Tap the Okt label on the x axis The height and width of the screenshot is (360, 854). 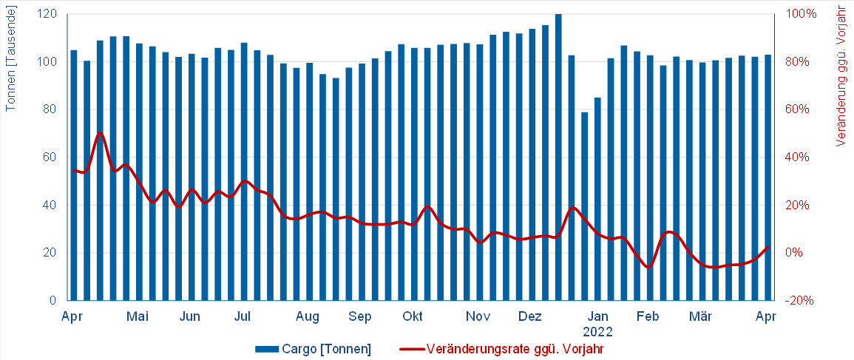[413, 317]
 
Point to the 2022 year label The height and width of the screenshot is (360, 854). [598, 332]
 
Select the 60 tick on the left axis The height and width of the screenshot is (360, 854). [51, 157]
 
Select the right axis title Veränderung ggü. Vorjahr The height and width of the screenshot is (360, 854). [841, 76]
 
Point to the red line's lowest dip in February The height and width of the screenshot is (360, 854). [649, 267]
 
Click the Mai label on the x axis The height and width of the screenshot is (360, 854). [138, 317]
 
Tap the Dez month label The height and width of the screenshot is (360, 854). [529, 317]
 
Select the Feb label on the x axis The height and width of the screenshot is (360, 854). [648, 317]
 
